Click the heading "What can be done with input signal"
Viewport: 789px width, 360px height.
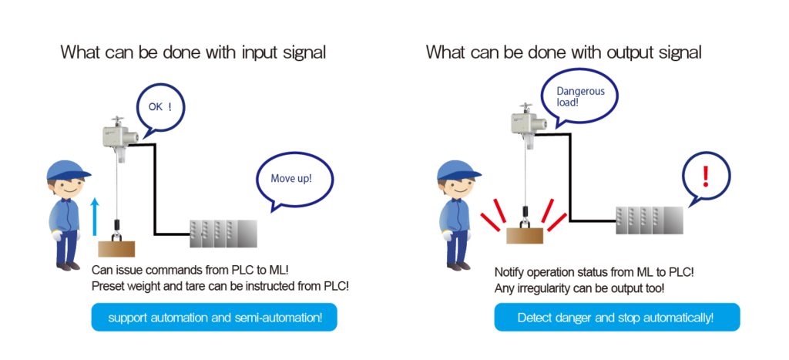coord(193,53)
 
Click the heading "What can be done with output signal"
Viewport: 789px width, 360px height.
coord(563,53)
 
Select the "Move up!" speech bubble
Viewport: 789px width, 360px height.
coord(290,180)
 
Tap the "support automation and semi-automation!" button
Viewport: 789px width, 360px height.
coord(214,318)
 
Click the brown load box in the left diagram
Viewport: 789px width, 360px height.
coord(116,248)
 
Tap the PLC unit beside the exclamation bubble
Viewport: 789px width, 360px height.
coord(649,219)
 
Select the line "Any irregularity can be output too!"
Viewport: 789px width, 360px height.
coord(579,288)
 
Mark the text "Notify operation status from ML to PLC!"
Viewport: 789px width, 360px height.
coord(593,273)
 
